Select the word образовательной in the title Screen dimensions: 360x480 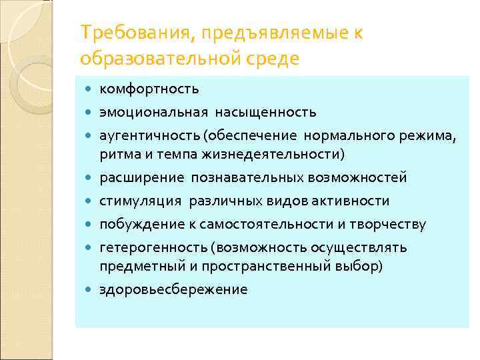(157, 59)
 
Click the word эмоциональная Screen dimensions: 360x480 (153, 111)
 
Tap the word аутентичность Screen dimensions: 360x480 (151, 135)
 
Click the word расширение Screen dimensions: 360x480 (141, 178)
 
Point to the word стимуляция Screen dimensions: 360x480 (141, 201)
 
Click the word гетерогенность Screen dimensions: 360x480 (153, 248)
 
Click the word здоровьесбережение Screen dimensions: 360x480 (173, 289)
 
